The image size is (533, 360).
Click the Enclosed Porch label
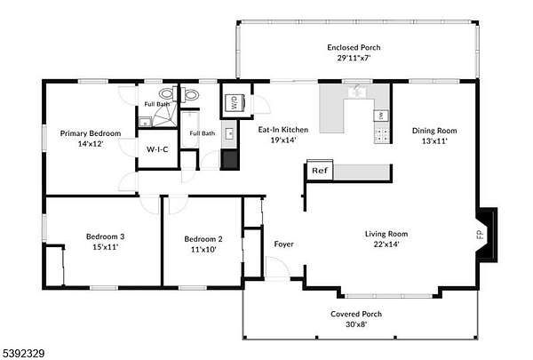click(x=354, y=48)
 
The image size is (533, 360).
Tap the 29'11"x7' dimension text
click(x=354, y=58)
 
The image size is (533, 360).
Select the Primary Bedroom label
click(x=91, y=133)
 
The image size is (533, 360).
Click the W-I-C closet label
click(x=157, y=149)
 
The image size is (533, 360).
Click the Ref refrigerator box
click(x=320, y=170)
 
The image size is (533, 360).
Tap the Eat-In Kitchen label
click(x=283, y=130)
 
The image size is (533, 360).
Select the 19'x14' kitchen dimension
click(x=283, y=140)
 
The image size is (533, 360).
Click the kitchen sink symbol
click(x=357, y=92)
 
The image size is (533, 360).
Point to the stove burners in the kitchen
click(x=381, y=135)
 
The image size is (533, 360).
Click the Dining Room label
click(x=434, y=131)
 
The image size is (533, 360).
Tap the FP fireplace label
click(x=480, y=235)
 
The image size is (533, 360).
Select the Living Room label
click(x=386, y=234)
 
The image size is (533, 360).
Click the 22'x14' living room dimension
click(x=386, y=244)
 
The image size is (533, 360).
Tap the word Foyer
click(x=284, y=244)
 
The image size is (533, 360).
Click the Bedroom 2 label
click(x=203, y=239)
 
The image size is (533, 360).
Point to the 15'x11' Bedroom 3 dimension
click(x=106, y=247)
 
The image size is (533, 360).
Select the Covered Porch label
click(x=356, y=314)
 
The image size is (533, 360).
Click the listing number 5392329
click(x=22, y=354)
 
